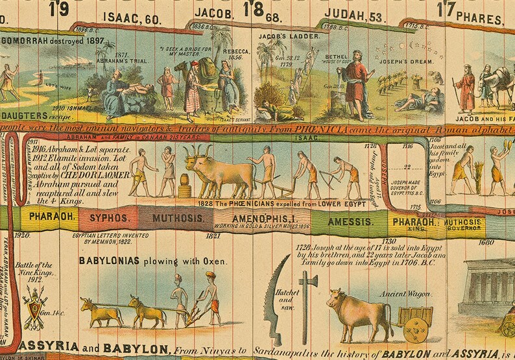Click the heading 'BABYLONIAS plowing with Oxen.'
(152, 261)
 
